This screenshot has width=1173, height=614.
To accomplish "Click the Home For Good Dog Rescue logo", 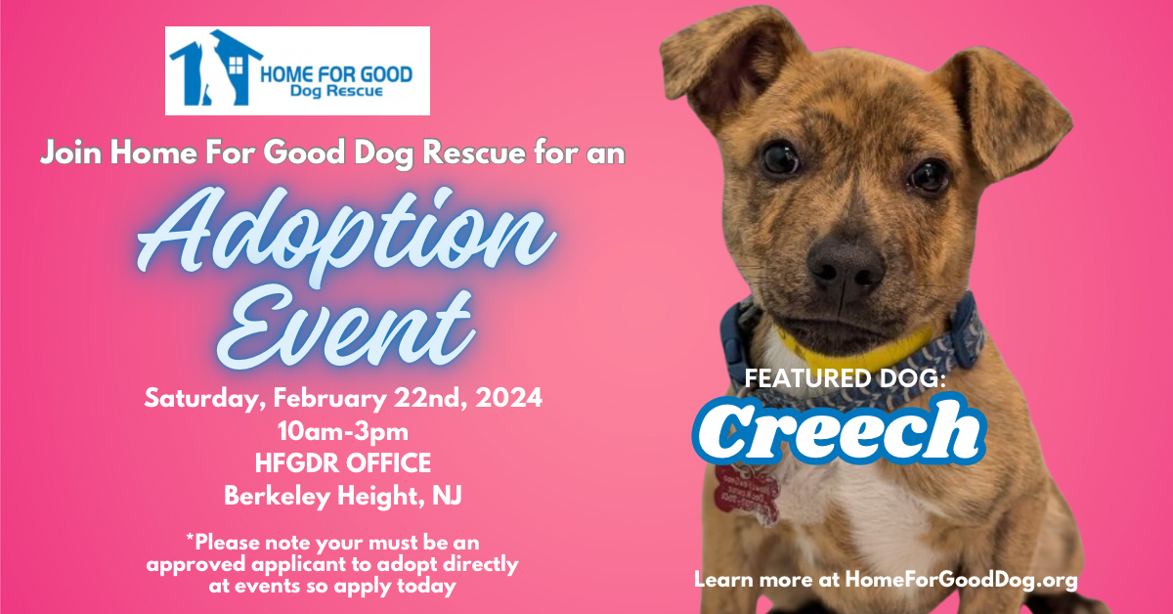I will pyautogui.click(x=297, y=70).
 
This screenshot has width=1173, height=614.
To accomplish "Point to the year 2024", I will pyautogui.click(x=507, y=399).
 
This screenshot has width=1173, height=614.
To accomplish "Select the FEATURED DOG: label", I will pyautogui.click(x=846, y=379).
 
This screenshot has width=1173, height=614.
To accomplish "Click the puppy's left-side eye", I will pyautogui.click(x=779, y=157).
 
